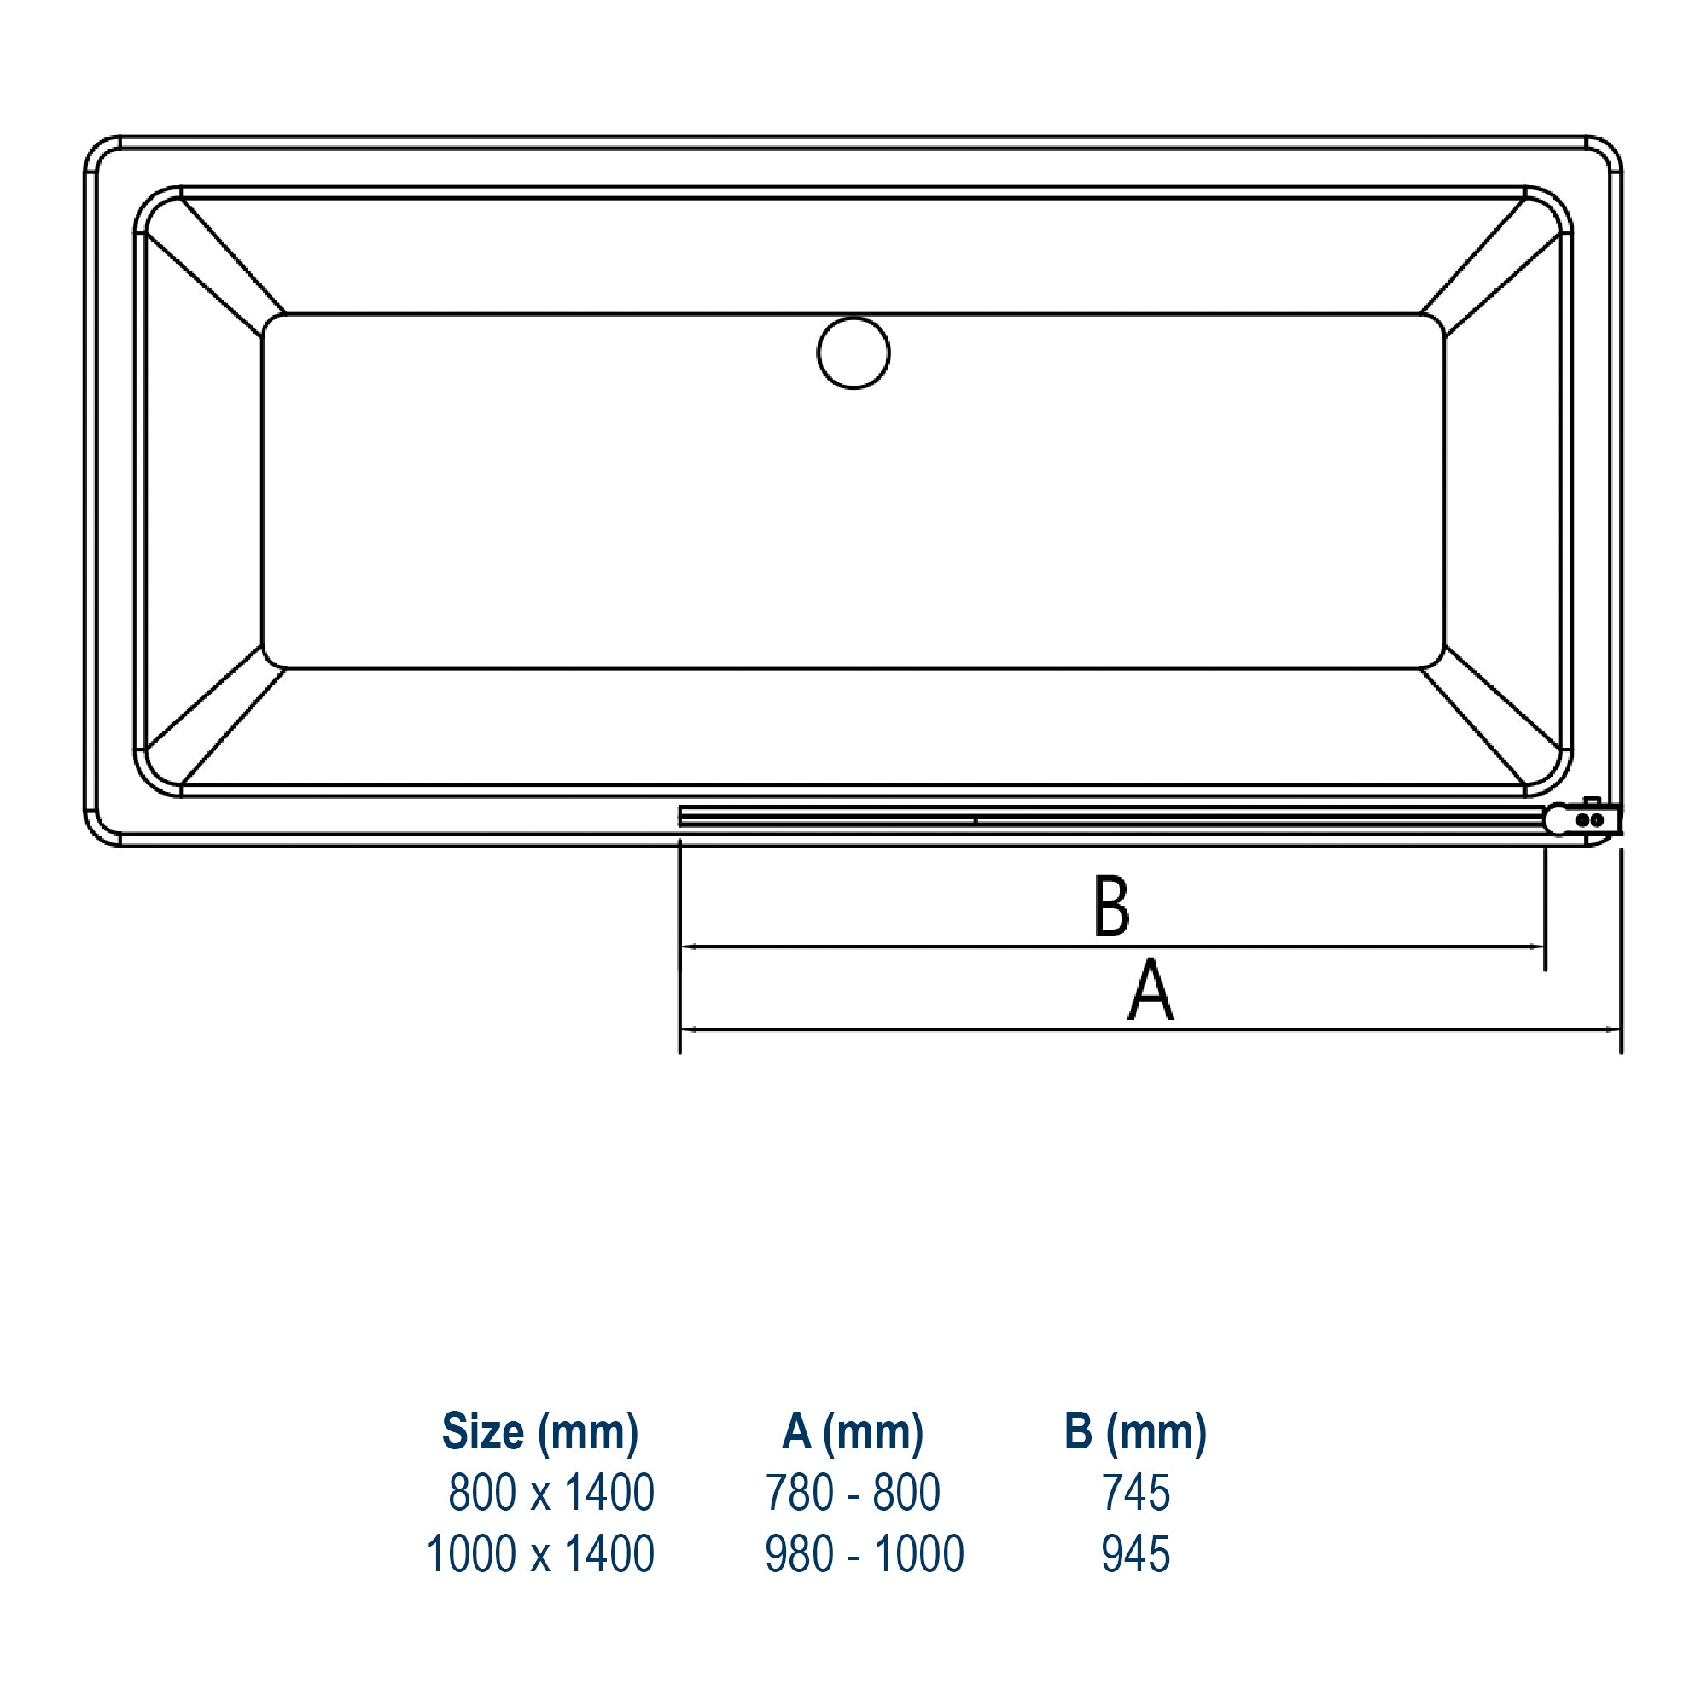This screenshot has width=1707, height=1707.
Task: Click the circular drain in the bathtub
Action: click(853, 352)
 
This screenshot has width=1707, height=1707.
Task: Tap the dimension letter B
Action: click(1110, 906)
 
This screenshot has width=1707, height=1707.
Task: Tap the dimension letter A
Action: click(1151, 990)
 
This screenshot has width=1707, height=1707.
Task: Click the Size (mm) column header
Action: click(540, 1432)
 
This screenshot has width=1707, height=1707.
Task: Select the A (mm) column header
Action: click(853, 1432)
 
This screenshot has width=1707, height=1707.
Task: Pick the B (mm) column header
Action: click(1135, 1432)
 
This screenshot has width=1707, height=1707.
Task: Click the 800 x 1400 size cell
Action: click(551, 1493)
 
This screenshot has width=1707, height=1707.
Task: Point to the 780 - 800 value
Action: click(853, 1493)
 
